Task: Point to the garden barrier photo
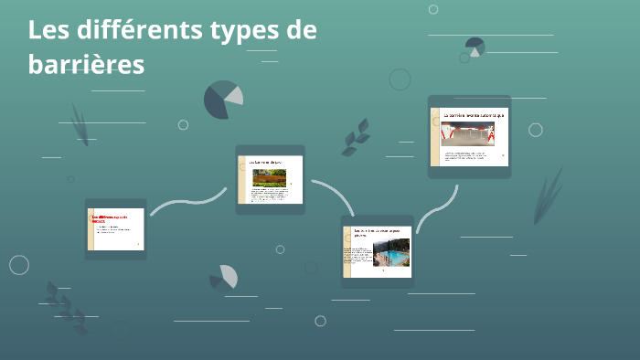(x=269, y=177)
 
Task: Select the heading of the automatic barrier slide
(x=474, y=116)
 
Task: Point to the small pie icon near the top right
(x=475, y=45)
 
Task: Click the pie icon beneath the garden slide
(x=225, y=277)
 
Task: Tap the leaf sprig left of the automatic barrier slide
(x=355, y=137)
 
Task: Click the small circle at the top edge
(x=433, y=9)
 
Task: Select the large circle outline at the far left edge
(x=19, y=265)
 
